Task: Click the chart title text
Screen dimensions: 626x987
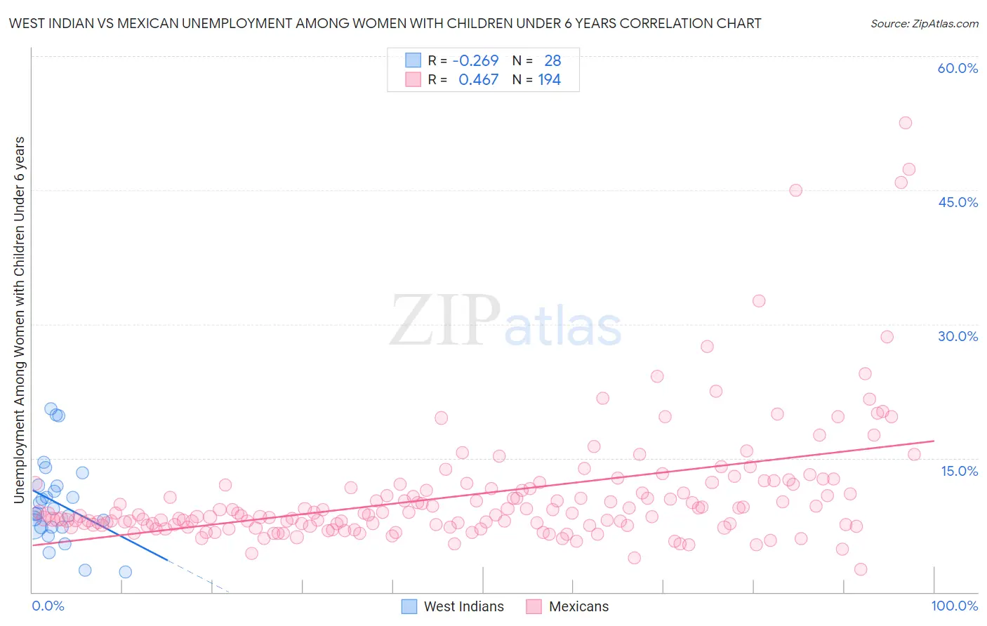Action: coord(385,24)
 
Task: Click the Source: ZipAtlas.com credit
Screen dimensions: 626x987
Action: coord(924,24)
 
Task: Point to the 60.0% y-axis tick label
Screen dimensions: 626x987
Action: coord(958,68)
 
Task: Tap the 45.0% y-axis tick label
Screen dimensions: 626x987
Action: coord(958,202)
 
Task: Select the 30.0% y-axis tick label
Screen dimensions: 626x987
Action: coord(958,336)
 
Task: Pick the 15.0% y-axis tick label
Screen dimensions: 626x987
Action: coord(959,471)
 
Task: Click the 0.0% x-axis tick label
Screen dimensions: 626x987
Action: coord(48,606)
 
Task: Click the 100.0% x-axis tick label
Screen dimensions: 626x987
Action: coord(954,606)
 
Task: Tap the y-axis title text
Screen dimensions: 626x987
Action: coord(20,320)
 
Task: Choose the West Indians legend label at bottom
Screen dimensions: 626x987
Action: coord(463,606)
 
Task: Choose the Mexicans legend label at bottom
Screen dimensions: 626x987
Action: coord(578,606)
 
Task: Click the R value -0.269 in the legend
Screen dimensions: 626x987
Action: coord(475,61)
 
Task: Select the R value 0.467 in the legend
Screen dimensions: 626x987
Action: coord(478,80)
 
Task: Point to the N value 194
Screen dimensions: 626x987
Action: coord(549,80)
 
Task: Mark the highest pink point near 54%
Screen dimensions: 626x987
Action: coord(906,123)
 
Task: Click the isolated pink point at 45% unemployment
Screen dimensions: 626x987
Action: coord(795,190)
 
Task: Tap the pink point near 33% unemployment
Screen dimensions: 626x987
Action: coord(759,301)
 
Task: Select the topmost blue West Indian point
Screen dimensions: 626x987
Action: coord(51,408)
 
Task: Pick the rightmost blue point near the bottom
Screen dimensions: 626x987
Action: coord(125,572)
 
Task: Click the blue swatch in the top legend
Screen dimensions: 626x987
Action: coord(413,61)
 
